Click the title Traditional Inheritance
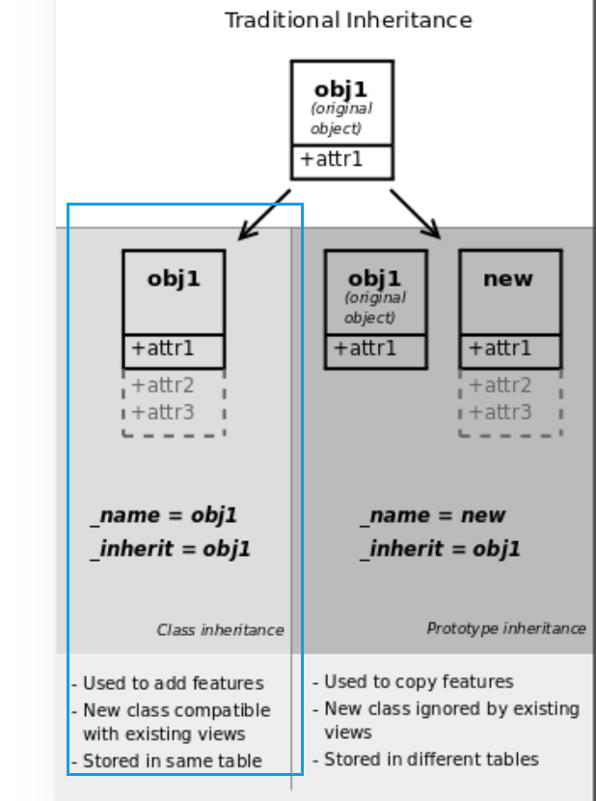348,20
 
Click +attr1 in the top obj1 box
332,159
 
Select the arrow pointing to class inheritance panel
263,214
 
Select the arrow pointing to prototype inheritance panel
415,213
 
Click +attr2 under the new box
500,386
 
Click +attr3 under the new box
500,412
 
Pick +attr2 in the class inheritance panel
163,386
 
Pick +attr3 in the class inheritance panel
163,412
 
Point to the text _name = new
434,515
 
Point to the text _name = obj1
165,515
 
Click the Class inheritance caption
220,630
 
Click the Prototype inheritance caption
505,628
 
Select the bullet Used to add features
168,683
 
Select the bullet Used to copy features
414,681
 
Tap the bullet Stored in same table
167,760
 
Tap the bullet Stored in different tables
426,760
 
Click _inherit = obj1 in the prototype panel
442,549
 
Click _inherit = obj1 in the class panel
172,549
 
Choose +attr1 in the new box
500,348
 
